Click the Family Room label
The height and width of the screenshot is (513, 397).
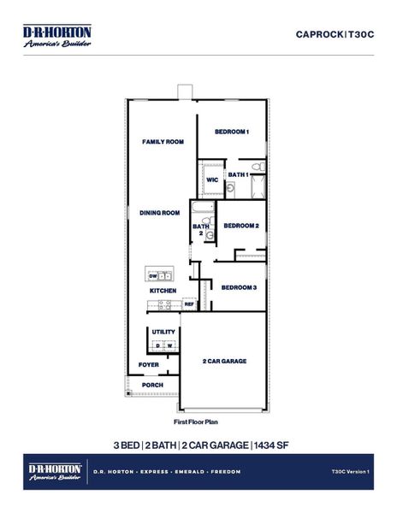[163, 141]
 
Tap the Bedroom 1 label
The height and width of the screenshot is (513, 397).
[231, 132]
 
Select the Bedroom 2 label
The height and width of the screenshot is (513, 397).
[240, 226]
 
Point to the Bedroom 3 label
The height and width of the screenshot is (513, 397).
[239, 287]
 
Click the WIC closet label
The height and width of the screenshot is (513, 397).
[212, 180]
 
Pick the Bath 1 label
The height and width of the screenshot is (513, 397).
[238, 174]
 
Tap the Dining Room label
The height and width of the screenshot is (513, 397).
[160, 213]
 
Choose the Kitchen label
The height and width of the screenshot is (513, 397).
[163, 291]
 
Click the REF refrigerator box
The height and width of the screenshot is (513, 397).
[189, 304]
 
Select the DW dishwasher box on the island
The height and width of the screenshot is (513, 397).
[154, 276]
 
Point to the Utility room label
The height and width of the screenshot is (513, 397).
[163, 332]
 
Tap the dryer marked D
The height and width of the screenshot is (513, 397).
[157, 345]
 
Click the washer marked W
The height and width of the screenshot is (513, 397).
[169, 345]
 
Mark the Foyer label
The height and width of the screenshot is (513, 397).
[149, 365]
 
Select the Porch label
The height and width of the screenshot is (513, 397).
[151, 385]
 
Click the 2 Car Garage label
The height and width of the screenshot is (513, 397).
[224, 362]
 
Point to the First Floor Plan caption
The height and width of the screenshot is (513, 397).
[196, 422]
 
